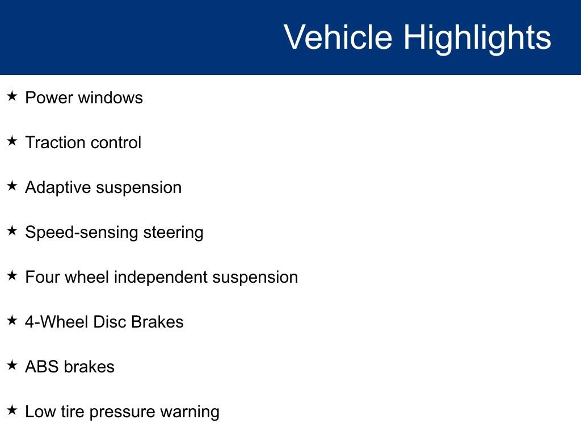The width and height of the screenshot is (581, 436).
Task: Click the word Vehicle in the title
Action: click(338, 37)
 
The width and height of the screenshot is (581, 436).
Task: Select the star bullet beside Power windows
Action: click(12, 96)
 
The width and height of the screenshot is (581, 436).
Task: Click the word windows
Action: click(111, 98)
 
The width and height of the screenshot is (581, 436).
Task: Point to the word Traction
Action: click(56, 142)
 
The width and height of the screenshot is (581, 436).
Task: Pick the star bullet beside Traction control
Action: click(12, 141)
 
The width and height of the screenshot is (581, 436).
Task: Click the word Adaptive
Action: click(58, 188)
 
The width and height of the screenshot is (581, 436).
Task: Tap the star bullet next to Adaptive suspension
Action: click(12, 186)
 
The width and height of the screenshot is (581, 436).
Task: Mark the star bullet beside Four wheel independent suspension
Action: click(12, 275)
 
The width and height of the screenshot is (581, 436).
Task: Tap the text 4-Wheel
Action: click(57, 322)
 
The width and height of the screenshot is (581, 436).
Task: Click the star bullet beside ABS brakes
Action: click(12, 365)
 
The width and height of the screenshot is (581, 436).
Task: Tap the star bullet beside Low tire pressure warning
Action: click(12, 410)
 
